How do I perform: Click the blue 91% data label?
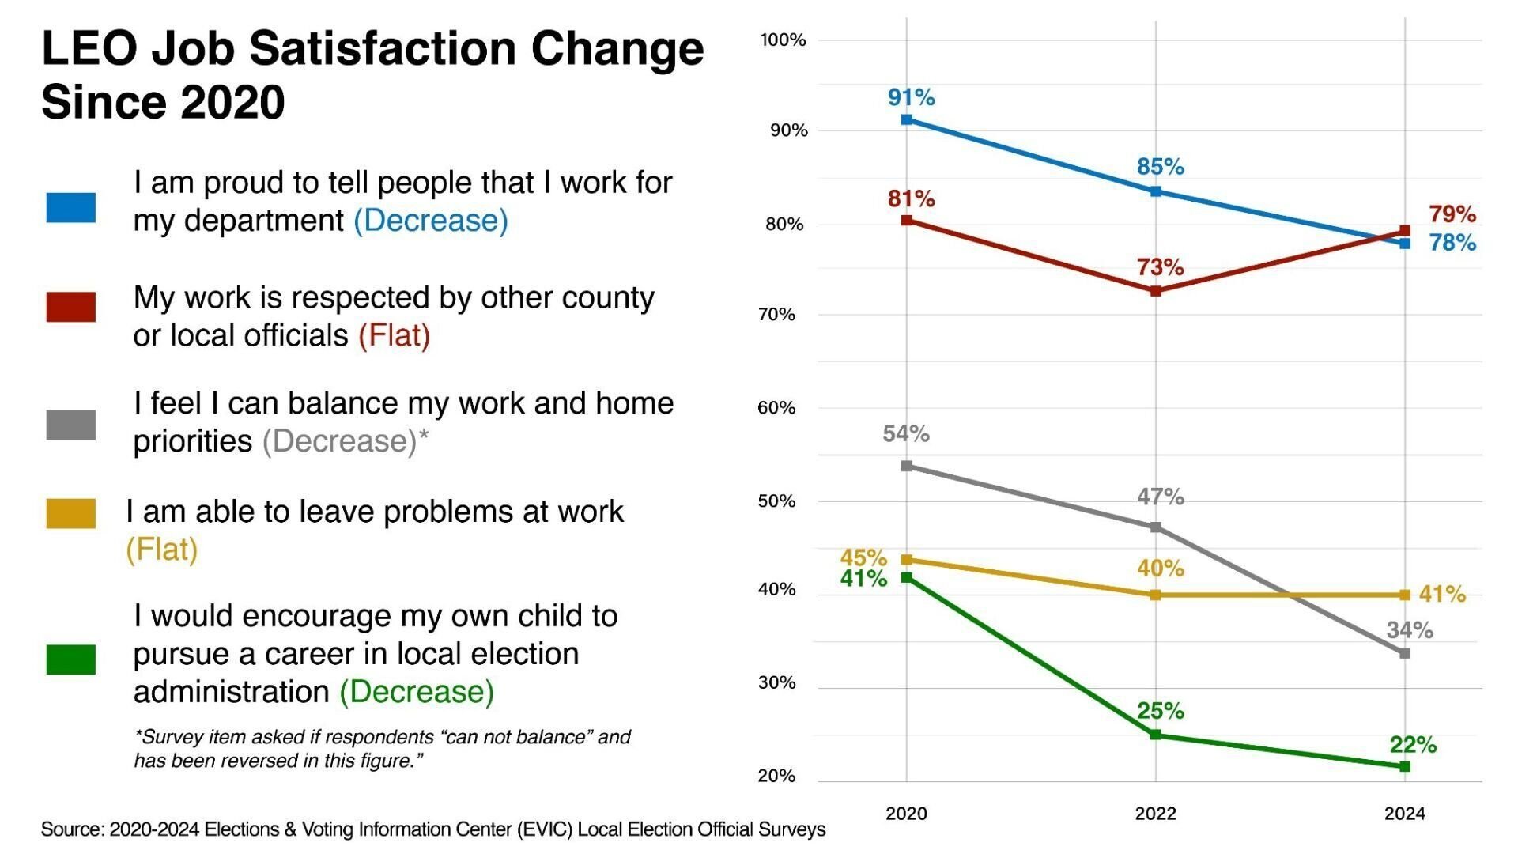(x=911, y=97)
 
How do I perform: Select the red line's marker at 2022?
(x=1156, y=291)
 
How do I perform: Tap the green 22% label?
(x=1413, y=744)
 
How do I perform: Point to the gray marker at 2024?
(x=1405, y=653)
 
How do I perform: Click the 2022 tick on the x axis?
(x=1155, y=813)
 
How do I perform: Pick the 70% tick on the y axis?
(x=776, y=315)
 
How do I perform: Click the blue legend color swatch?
(x=70, y=207)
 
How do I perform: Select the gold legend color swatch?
(x=70, y=512)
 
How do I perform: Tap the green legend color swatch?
(x=70, y=659)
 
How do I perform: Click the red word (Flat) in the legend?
(x=394, y=335)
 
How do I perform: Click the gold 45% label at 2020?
(x=863, y=557)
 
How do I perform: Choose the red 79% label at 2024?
(x=1452, y=213)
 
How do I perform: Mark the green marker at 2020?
(x=907, y=578)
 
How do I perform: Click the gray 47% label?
(x=1160, y=497)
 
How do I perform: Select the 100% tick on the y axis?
(x=783, y=40)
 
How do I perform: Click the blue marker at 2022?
(x=1156, y=191)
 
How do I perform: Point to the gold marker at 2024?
(x=1405, y=595)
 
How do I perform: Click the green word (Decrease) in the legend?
(x=417, y=691)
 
